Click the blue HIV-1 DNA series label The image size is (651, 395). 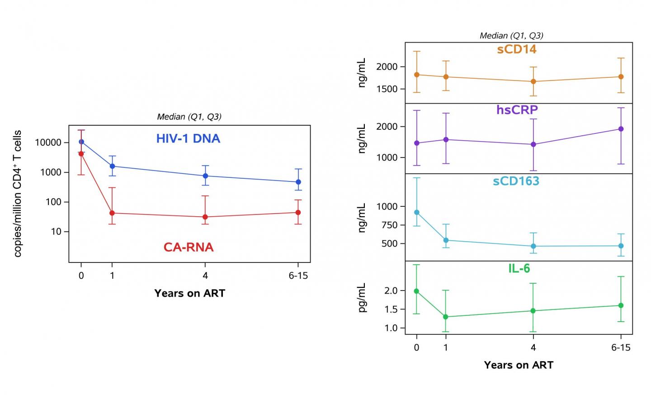click(188, 138)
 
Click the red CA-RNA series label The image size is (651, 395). click(189, 247)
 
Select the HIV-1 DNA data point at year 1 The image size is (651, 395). click(112, 166)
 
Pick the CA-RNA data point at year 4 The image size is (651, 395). click(205, 217)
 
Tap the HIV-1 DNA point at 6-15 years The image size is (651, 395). click(298, 182)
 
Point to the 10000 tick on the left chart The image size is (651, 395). click(48, 143)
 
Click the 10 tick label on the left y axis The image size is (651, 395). click(56, 232)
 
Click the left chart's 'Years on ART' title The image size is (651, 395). click(189, 293)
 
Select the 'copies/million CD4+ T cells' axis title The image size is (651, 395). click(18, 194)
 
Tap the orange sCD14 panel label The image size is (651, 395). click(517, 49)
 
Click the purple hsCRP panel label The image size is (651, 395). click(517, 110)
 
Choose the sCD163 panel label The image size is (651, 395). click(516, 181)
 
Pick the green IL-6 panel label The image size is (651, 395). click(519, 268)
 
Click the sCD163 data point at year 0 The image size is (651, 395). click(417, 212)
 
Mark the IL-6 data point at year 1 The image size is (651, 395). click(446, 317)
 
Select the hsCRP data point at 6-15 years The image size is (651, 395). click(621, 129)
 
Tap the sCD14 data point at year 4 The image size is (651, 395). click(533, 81)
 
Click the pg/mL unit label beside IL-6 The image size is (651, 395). click(362, 298)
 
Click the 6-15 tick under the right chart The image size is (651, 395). click(621, 347)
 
